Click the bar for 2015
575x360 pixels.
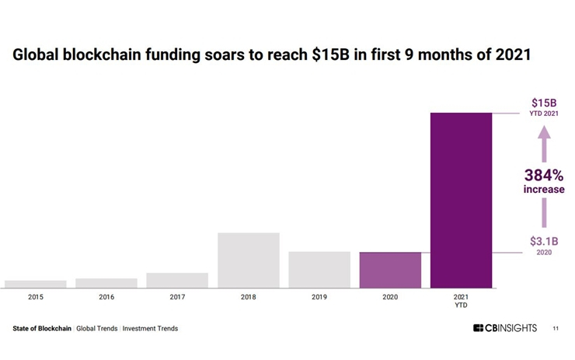35,284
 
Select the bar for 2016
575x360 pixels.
106,283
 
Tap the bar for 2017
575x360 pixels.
177,280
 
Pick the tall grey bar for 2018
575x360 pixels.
249,260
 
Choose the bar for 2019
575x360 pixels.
319,270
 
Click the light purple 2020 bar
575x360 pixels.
390,270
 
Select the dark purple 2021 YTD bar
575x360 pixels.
461,201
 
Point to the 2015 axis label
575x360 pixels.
35,297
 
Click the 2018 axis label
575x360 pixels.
249,297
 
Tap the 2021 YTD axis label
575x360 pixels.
461,301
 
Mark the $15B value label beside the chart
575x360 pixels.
543,103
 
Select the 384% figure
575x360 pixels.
543,175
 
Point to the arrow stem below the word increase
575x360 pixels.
544,211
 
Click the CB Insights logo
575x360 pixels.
505,328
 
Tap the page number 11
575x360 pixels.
556,329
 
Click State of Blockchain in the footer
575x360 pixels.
42,329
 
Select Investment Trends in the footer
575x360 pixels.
150,329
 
